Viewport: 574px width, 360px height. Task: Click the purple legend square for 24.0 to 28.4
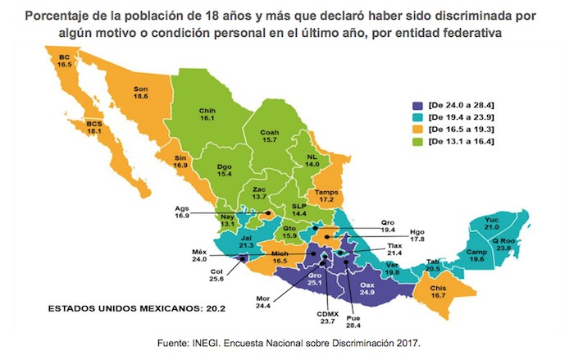click(x=419, y=104)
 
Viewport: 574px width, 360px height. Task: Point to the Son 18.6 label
click(x=140, y=92)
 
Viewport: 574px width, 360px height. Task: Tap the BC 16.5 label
click(x=65, y=59)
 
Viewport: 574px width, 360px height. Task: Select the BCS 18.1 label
click(x=97, y=129)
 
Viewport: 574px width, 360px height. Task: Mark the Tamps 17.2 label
click(x=329, y=195)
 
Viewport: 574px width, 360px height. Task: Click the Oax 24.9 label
click(x=368, y=286)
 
